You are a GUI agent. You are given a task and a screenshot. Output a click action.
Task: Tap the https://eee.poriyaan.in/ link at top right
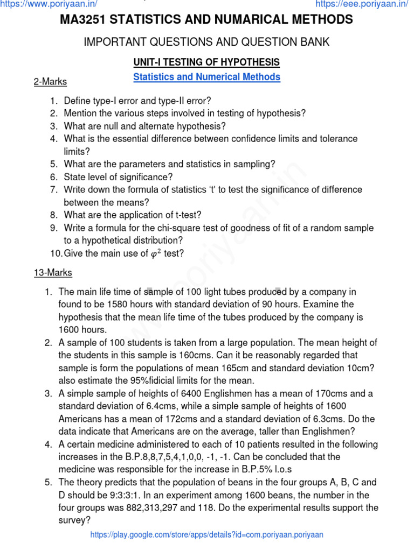point(362,4)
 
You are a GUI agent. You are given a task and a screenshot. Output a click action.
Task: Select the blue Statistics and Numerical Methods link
point(206,77)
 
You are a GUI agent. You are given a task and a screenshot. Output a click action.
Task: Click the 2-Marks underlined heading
point(50,82)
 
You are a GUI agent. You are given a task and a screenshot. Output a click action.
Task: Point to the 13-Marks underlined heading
point(53,273)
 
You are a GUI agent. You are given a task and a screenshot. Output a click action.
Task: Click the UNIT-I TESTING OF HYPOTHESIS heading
point(206,62)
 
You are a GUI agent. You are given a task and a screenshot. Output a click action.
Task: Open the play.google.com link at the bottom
point(206,534)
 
